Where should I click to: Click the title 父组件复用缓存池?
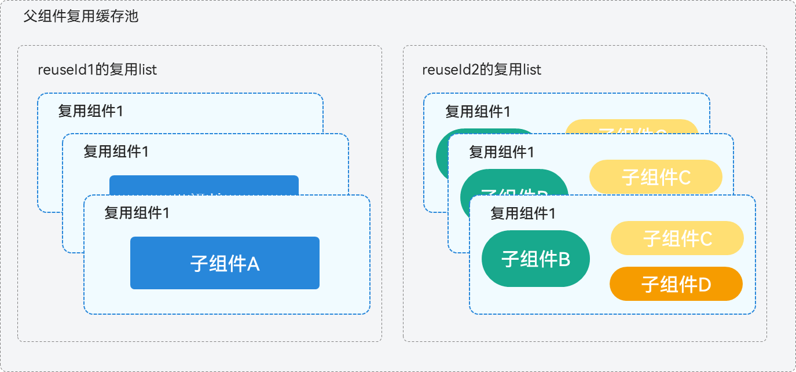[81, 17]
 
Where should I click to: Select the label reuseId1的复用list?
[97, 70]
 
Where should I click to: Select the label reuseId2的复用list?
[482, 70]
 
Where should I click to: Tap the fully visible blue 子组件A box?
[225, 263]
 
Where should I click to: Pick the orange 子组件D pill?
[676, 284]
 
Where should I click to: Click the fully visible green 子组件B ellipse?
[535, 259]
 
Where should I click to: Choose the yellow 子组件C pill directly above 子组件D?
[677, 238]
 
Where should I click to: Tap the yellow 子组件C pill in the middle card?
[655, 176]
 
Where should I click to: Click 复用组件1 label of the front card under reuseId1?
[137, 213]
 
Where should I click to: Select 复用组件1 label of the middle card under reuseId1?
[116, 152]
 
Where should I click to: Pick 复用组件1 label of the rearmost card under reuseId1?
[90, 111]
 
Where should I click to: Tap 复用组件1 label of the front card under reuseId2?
[523, 213]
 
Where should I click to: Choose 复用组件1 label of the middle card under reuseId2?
[501, 152]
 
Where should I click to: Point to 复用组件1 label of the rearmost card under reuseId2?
[478, 111]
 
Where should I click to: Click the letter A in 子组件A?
[254, 264]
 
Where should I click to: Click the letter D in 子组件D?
[705, 285]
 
